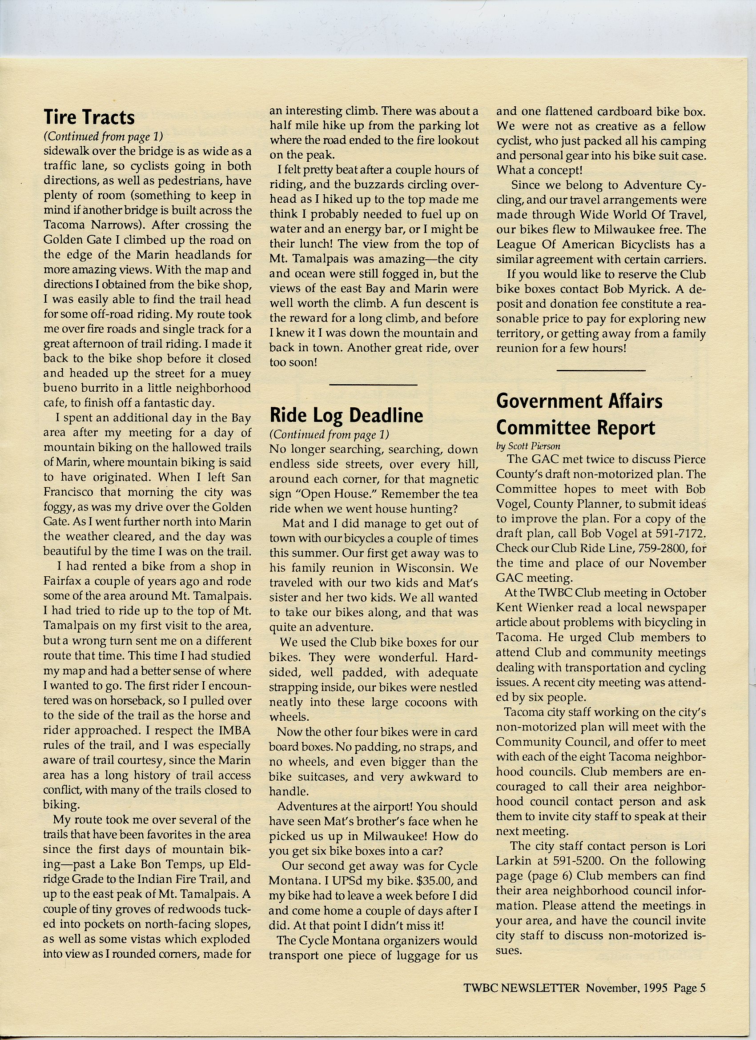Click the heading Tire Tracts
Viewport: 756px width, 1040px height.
89,117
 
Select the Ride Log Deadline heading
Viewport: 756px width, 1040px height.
346,415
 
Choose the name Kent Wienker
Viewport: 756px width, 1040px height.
534,607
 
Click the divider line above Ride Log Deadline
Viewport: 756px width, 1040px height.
373,384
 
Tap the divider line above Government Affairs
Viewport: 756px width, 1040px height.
601,370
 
